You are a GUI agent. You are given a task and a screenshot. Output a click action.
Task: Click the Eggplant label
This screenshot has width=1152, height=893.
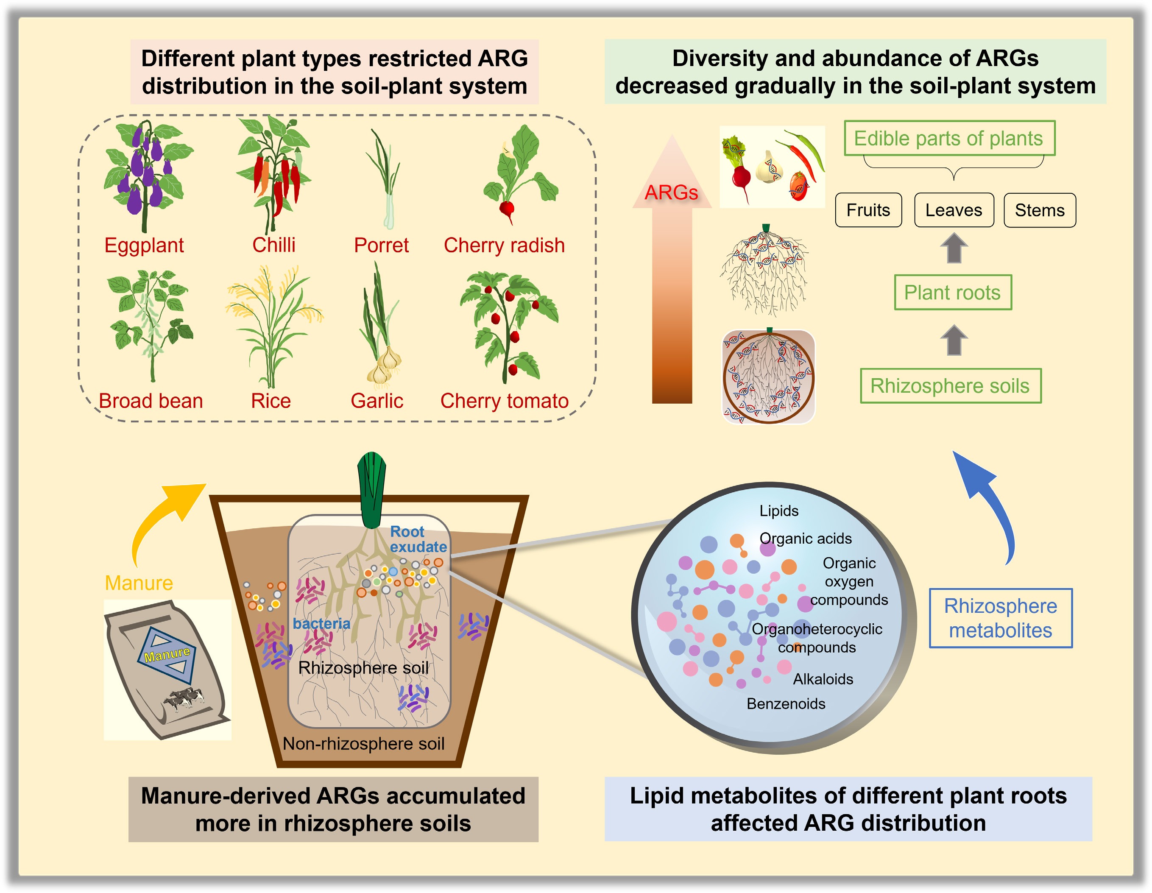[144, 245]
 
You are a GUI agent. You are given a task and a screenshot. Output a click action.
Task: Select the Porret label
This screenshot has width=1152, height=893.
[381, 245]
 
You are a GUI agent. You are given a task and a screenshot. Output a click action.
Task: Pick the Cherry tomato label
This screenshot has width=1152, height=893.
[504, 401]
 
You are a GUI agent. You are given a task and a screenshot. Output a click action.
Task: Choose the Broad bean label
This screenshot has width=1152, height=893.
[151, 401]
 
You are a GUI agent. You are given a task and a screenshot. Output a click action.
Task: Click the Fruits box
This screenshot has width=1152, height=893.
[868, 210]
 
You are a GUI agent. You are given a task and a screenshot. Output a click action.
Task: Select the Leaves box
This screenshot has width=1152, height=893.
[954, 210]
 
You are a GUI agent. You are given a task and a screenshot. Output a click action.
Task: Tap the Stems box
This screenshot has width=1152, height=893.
[1040, 210]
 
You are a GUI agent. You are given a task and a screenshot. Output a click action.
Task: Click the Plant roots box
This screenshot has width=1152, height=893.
[953, 292]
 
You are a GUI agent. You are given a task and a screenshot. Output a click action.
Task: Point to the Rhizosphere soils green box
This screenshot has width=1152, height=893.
[951, 385]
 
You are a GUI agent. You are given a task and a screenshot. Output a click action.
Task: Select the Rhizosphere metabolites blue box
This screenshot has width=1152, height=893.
[1001, 618]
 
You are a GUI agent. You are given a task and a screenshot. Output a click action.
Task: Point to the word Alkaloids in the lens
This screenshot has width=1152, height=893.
[823, 679]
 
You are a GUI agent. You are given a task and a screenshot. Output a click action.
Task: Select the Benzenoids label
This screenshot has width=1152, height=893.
[786, 703]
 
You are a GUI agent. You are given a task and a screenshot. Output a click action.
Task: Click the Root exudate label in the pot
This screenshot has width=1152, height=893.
[418, 539]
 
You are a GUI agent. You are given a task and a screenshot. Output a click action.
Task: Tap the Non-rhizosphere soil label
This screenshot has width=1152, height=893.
[363, 744]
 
